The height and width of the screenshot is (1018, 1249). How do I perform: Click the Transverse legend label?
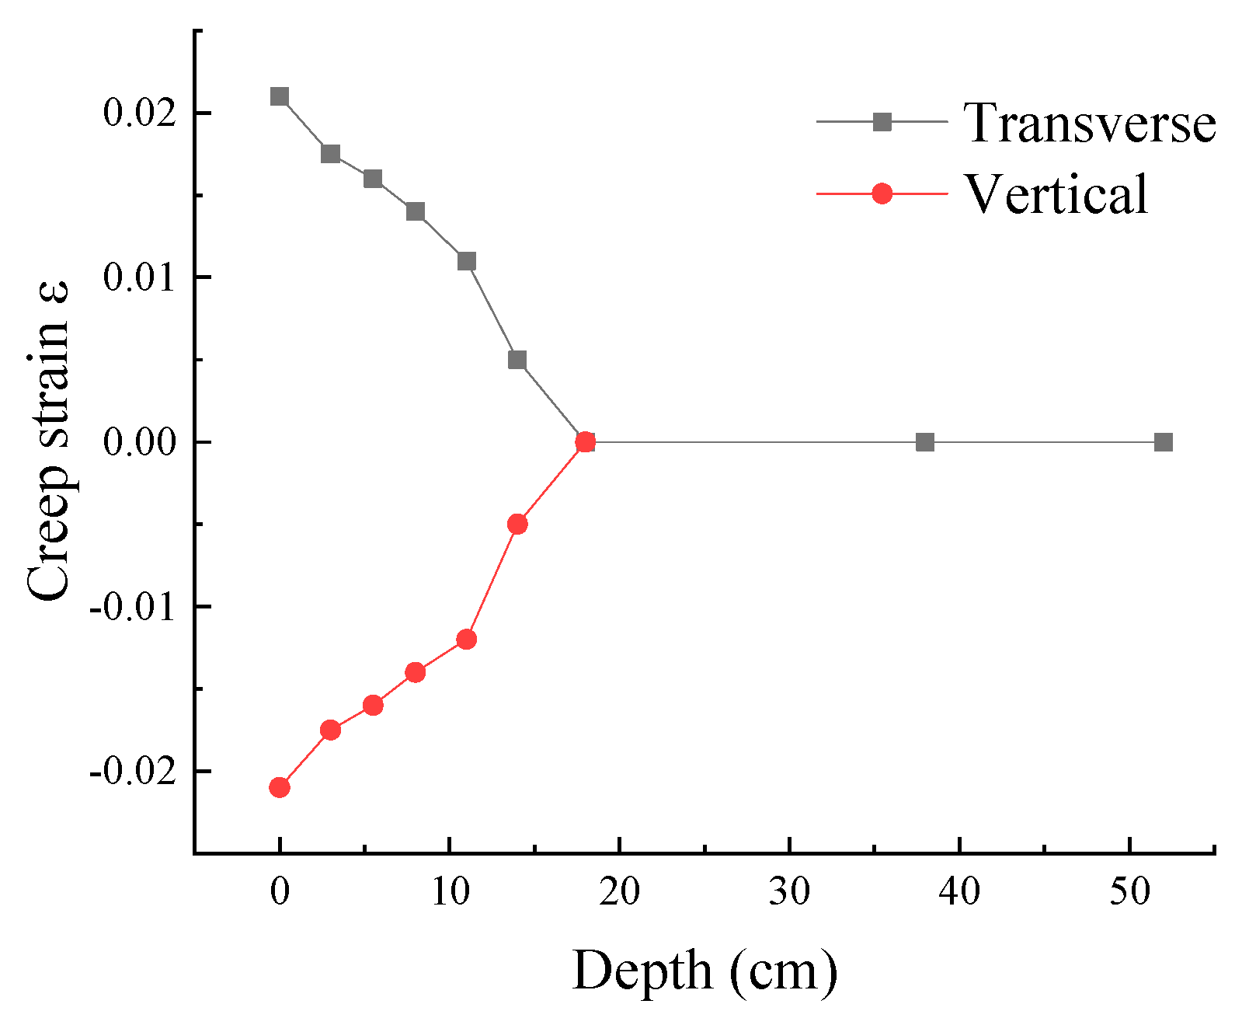click(1089, 123)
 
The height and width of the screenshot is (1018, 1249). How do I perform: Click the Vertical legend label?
click(1056, 193)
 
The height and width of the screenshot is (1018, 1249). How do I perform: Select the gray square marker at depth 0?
click(280, 96)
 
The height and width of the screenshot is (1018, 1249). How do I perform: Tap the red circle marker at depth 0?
click(280, 787)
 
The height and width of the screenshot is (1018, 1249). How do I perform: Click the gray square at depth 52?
click(1163, 442)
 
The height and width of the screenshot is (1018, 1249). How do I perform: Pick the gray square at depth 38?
click(924, 442)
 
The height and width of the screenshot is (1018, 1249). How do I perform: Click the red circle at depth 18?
click(586, 442)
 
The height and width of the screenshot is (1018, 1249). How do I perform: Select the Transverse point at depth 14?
click(517, 360)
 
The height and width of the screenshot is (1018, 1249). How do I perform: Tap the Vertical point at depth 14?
click(517, 525)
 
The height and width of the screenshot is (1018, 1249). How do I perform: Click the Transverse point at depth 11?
click(466, 261)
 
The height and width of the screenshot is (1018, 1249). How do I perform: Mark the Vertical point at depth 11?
click(466, 640)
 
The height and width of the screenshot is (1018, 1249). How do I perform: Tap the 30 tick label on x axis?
click(790, 893)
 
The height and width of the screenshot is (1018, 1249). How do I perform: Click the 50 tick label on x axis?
click(1129, 893)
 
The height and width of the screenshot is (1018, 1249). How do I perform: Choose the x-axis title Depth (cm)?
click(705, 971)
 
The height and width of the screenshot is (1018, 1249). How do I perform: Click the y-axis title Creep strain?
click(48, 441)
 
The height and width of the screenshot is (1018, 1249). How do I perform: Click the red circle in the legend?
click(882, 193)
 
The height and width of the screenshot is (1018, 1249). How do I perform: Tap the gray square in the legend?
click(882, 122)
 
